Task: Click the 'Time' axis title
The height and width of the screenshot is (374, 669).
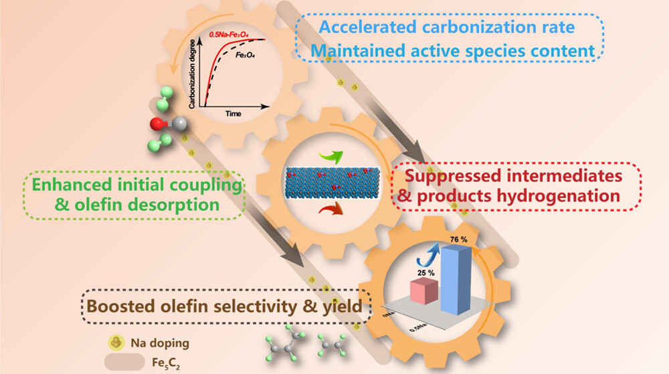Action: (x=233, y=114)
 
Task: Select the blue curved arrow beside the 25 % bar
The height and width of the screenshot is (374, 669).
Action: (x=423, y=256)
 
